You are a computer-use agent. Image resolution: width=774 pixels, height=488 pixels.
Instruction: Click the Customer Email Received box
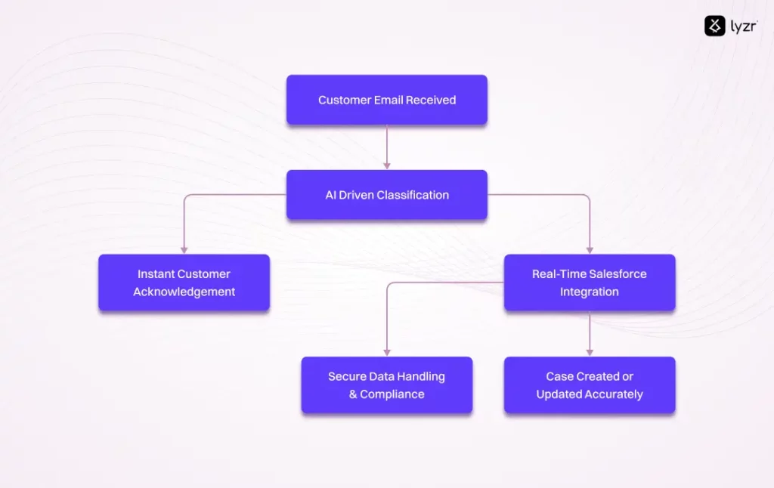[x=386, y=100]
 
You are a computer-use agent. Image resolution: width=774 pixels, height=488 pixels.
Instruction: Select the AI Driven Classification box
[x=386, y=195]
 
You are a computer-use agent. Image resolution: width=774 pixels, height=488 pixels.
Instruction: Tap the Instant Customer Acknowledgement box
[x=184, y=283]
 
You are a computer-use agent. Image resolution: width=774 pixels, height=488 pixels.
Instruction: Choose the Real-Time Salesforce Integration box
[x=589, y=283]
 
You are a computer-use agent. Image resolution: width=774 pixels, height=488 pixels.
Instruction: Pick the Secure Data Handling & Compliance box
[x=386, y=385]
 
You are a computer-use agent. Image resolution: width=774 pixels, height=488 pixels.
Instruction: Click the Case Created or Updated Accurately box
[x=589, y=385]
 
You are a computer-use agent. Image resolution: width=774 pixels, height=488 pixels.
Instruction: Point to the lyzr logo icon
[x=714, y=26]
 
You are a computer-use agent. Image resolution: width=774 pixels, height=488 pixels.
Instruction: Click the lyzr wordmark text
[x=744, y=26]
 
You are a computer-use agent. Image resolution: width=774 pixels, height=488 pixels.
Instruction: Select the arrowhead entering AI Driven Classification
[x=386, y=165]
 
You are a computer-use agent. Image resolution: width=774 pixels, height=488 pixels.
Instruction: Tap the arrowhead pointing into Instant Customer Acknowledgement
[x=184, y=249]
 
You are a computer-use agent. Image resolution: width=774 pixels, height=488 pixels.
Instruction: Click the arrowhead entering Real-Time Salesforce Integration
[x=590, y=249]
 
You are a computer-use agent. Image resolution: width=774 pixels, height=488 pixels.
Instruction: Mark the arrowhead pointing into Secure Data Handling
[x=386, y=352]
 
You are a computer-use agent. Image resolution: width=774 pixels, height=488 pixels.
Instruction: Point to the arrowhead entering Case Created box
[x=590, y=352]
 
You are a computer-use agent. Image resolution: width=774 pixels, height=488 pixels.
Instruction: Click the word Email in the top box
[x=386, y=100]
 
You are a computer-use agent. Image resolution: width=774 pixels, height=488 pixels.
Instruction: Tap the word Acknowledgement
[x=184, y=292]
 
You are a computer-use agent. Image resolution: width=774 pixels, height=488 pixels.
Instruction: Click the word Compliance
[x=392, y=394]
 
